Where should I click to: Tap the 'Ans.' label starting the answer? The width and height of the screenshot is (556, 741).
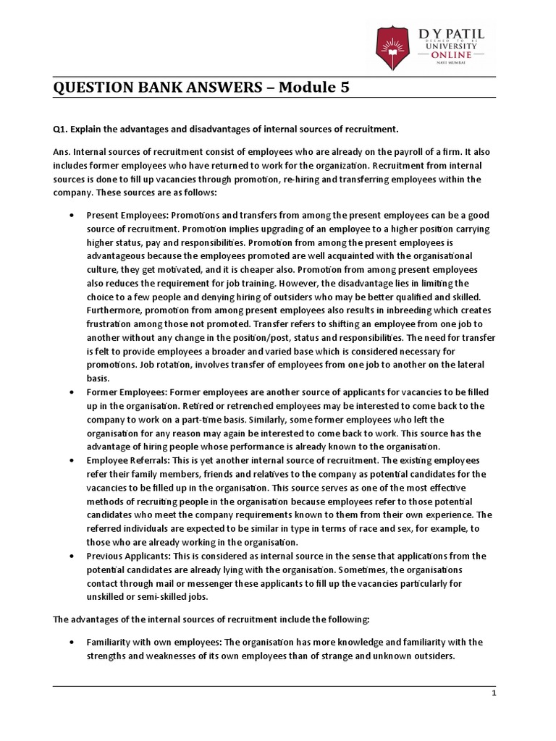click(62, 153)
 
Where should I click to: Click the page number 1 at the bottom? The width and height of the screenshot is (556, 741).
click(493, 693)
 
